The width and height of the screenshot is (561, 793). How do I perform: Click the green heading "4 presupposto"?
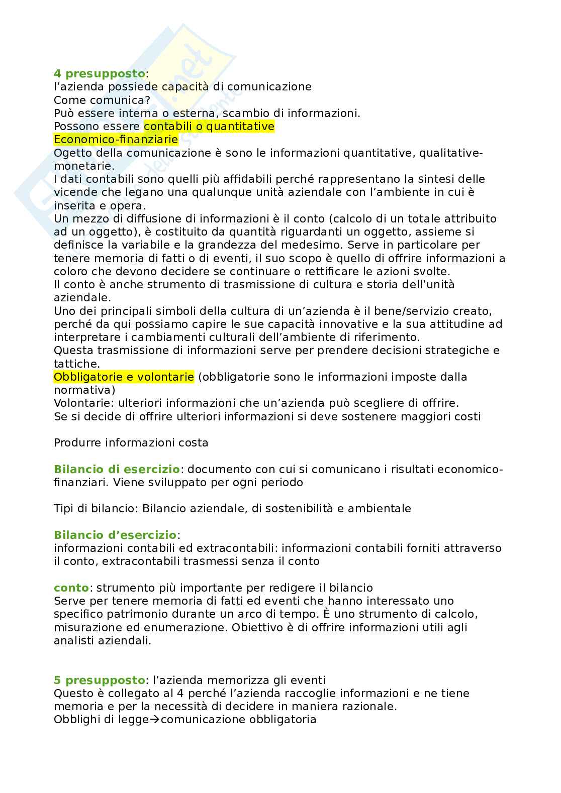(100, 74)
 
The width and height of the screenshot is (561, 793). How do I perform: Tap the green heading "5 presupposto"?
(100, 680)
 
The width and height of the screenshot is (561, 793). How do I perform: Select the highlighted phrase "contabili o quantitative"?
(209, 126)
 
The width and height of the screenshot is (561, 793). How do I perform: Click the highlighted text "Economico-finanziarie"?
(116, 139)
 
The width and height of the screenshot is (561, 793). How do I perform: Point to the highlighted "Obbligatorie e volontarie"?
(124, 377)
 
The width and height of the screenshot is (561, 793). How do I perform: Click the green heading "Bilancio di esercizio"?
(117, 469)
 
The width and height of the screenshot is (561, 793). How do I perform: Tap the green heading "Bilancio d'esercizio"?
(115, 535)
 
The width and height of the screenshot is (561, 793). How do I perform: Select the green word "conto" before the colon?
(71, 588)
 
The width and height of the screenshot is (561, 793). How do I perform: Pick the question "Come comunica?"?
(102, 100)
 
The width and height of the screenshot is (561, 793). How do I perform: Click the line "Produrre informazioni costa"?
(131, 442)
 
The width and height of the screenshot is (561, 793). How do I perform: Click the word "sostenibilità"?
(299, 508)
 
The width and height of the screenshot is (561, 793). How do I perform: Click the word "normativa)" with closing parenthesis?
(84, 390)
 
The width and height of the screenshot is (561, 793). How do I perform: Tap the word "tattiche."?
(76, 364)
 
